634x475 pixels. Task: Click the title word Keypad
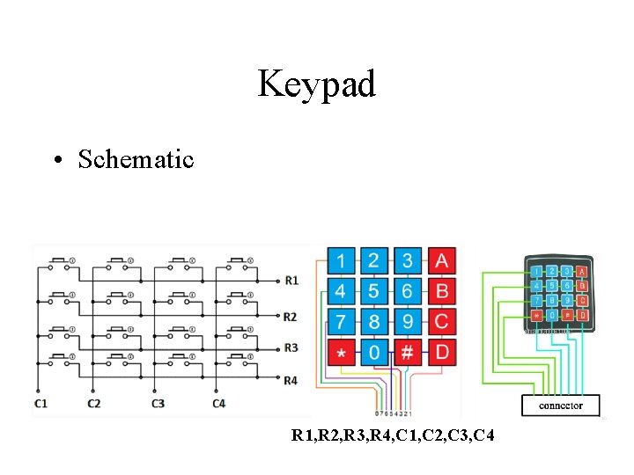click(317, 84)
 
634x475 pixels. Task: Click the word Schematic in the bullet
click(136, 159)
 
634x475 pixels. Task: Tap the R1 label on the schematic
click(291, 281)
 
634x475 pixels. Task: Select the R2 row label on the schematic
click(291, 317)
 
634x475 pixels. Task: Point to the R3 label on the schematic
click(291, 347)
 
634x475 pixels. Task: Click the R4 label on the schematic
click(291, 380)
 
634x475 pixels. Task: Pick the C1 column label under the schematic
click(40, 404)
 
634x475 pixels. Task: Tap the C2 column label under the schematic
click(94, 404)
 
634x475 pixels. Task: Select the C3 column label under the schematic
click(158, 404)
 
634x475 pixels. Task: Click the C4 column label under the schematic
click(219, 404)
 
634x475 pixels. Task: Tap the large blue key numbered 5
click(374, 291)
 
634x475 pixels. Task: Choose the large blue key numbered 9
click(408, 322)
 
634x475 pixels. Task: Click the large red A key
click(441, 260)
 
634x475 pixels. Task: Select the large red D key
click(441, 353)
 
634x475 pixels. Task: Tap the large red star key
click(341, 353)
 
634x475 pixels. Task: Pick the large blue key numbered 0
click(374, 353)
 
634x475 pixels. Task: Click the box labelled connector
click(560, 406)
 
